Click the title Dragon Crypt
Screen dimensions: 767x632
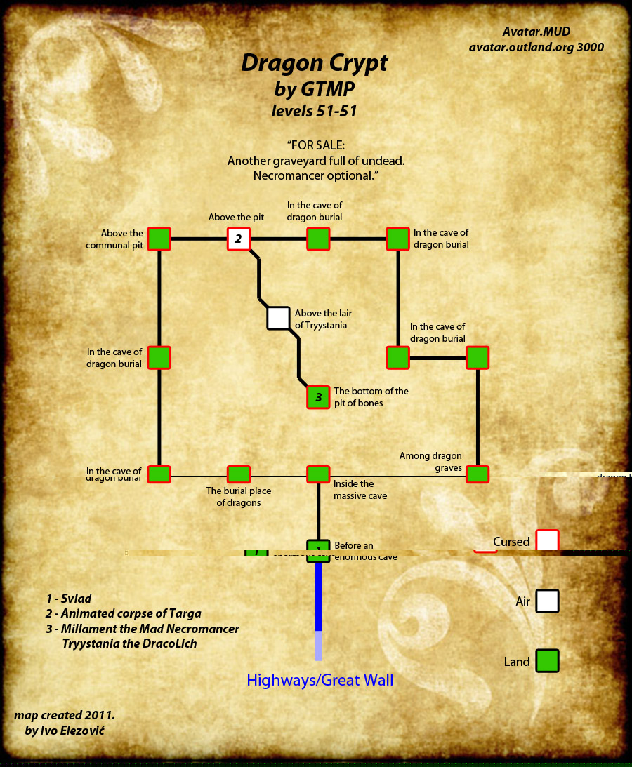point(314,63)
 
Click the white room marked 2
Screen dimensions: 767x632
point(238,239)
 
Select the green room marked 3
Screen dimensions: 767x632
point(318,397)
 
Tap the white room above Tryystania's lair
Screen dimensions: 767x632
point(278,318)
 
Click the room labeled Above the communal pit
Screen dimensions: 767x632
point(159,239)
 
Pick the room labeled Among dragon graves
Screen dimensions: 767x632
point(478,474)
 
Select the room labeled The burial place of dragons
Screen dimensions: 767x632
point(238,474)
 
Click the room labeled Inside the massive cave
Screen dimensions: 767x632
point(318,474)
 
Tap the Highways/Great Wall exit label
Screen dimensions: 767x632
point(320,680)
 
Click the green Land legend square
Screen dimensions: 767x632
point(547,661)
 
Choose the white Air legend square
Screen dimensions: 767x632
point(547,601)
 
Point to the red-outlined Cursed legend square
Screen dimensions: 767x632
point(547,541)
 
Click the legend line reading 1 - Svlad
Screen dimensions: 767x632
point(69,599)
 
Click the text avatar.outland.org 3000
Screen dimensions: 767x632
point(536,47)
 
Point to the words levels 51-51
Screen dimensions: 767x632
point(314,110)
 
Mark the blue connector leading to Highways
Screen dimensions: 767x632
point(318,596)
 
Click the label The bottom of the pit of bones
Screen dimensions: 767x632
point(371,397)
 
